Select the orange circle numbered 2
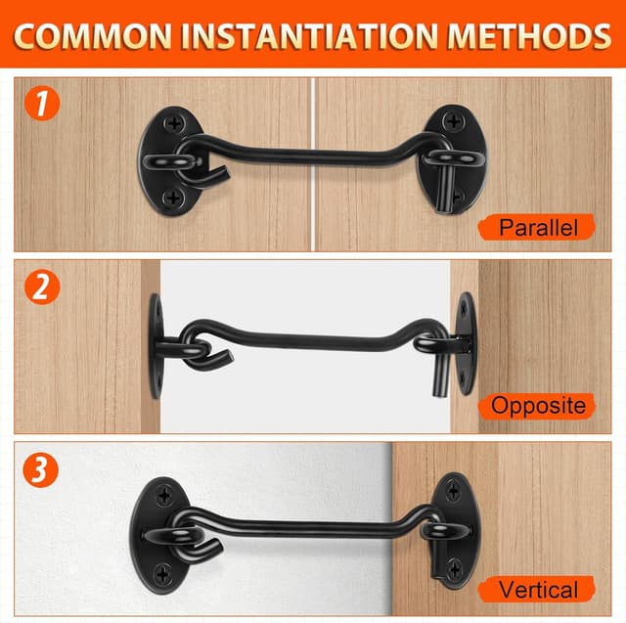[41, 288]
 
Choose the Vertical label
[537, 590]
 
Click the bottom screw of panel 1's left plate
[174, 198]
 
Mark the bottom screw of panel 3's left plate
[162, 570]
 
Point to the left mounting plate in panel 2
[154, 344]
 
